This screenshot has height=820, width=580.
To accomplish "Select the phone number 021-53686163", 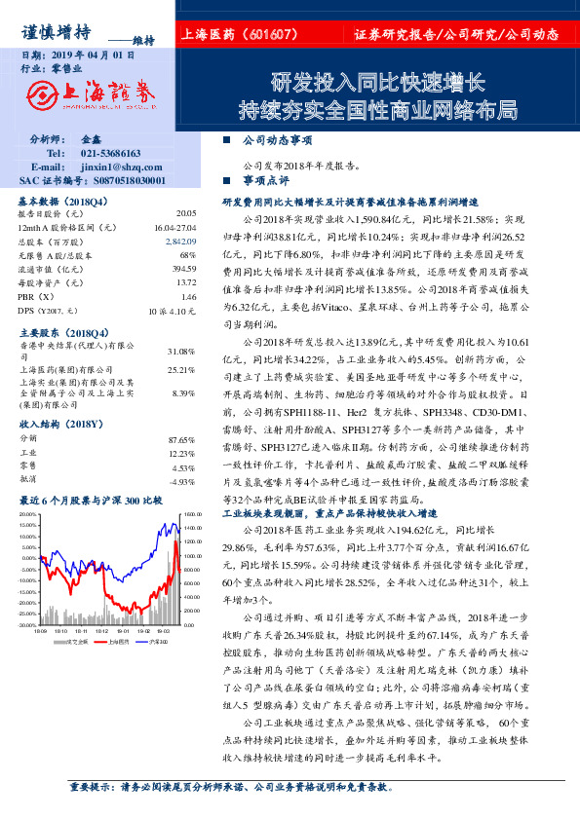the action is click(110, 154).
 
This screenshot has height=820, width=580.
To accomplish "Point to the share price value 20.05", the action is click(185, 212).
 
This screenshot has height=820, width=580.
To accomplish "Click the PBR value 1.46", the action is click(189, 295).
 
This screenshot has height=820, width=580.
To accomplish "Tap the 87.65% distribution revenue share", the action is click(182, 439).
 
